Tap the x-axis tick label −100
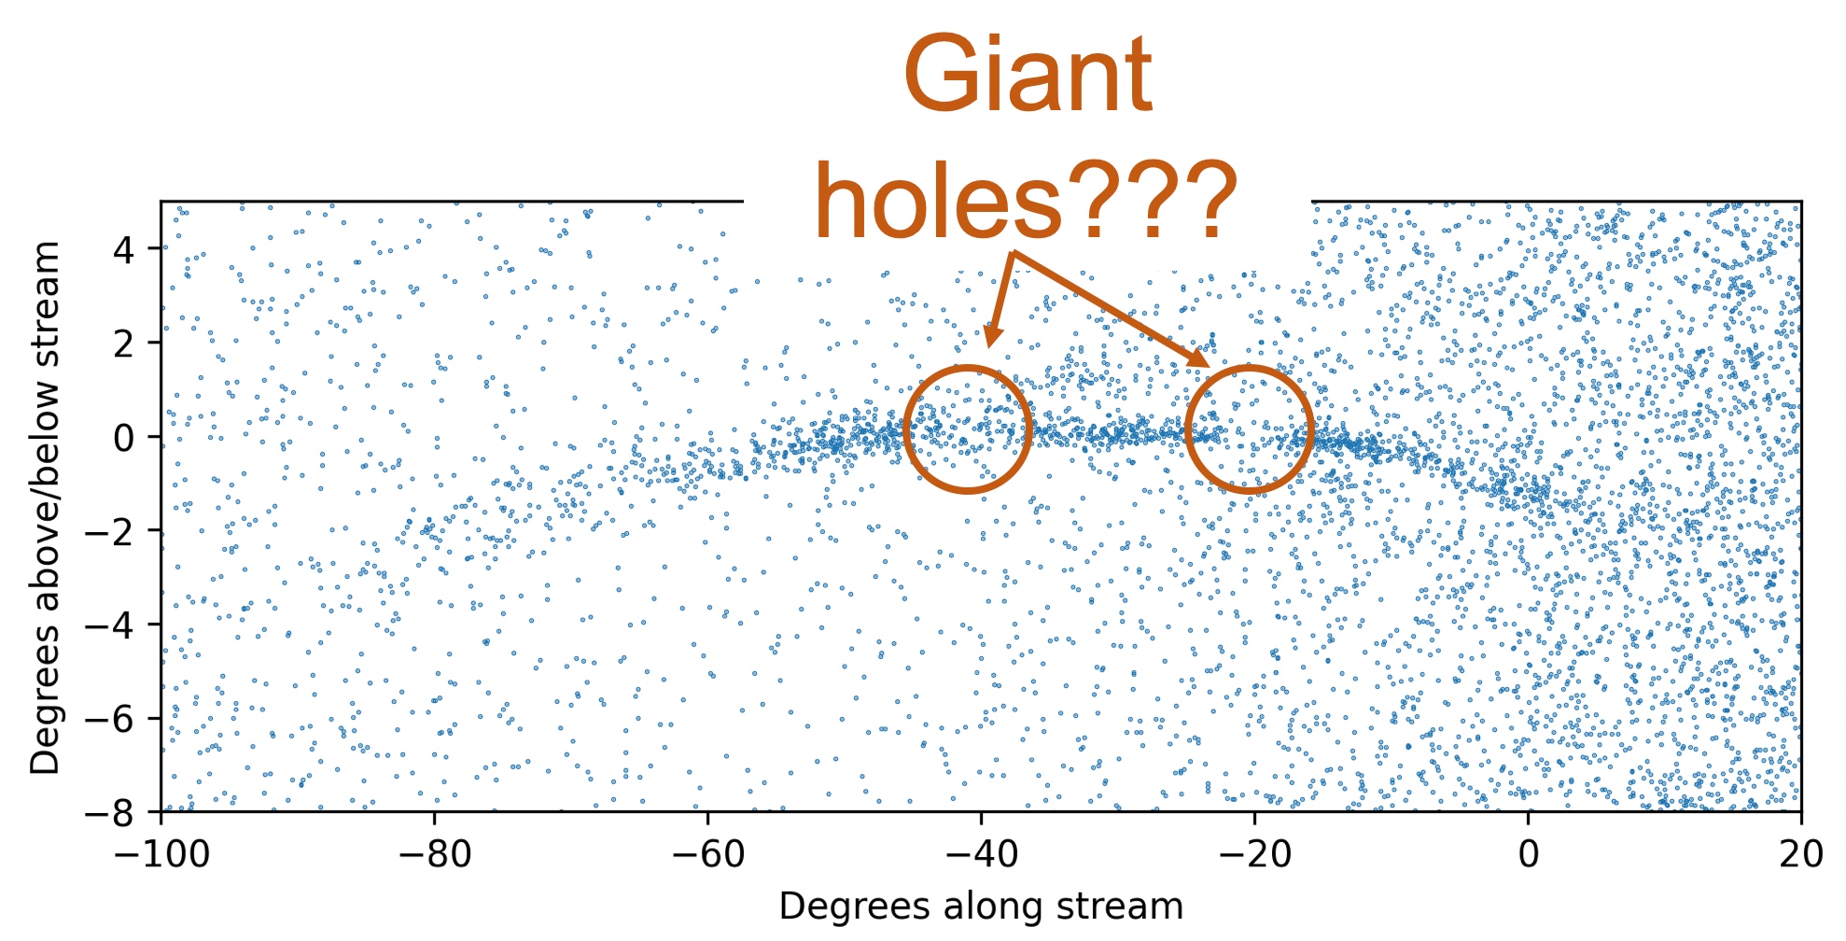(x=160, y=855)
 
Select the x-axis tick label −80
(x=433, y=855)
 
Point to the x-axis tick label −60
(x=706, y=855)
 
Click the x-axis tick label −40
(x=980, y=855)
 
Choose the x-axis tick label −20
(x=1253, y=855)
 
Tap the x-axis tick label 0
(x=1528, y=855)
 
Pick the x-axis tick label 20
(x=1801, y=855)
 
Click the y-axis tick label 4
(x=123, y=250)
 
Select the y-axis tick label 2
(x=123, y=344)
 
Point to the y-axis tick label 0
(x=123, y=437)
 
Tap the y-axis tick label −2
(x=109, y=531)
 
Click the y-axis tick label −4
(x=109, y=625)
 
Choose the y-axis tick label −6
(x=109, y=719)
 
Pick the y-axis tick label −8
(x=109, y=812)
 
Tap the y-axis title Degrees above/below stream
(x=45, y=508)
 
